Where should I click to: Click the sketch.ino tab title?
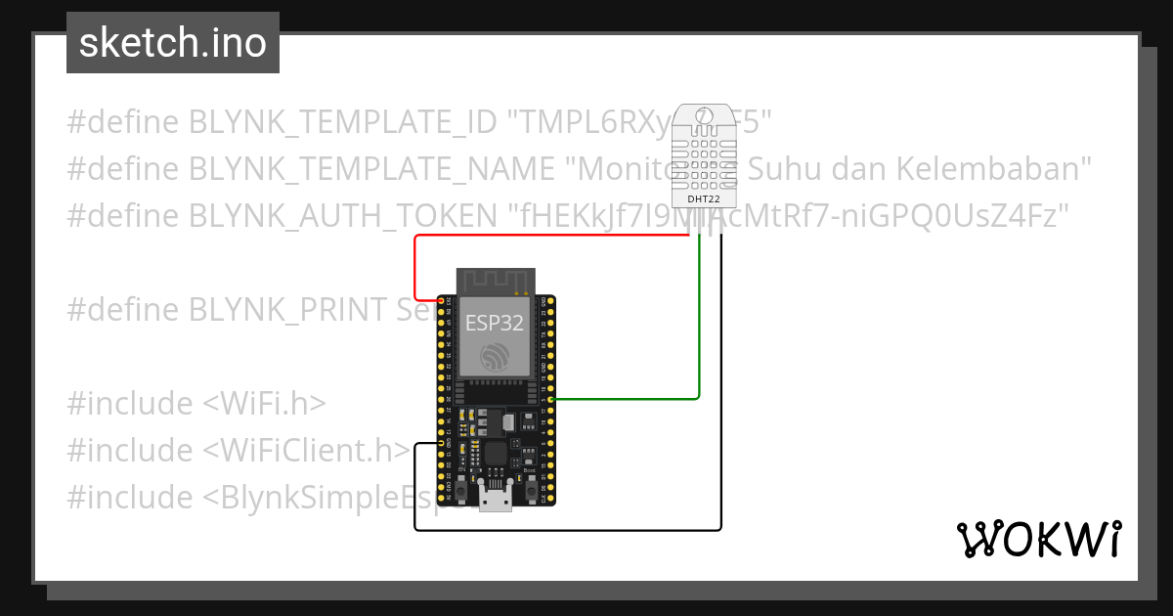pyautogui.click(x=172, y=43)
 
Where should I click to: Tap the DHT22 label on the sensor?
pyautogui.click(x=703, y=198)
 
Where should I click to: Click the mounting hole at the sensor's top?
pyautogui.click(x=703, y=116)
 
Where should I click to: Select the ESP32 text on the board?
pyautogui.click(x=493, y=322)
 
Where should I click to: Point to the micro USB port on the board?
pyautogui.click(x=497, y=498)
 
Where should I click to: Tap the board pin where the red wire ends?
pyautogui.click(x=442, y=299)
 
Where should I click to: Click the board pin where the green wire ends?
pyautogui.click(x=552, y=399)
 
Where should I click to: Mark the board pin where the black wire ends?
pyautogui.click(x=442, y=445)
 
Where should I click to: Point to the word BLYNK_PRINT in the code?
pyautogui.click(x=288, y=309)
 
